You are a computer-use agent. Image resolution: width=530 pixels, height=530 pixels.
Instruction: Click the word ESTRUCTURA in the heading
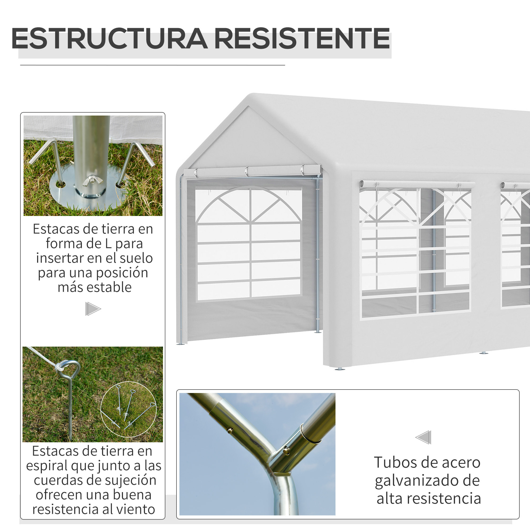pos(109,38)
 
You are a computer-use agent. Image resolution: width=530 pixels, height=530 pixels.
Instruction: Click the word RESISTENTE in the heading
pos(302,38)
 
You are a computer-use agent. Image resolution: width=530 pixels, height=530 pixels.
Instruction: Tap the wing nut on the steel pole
pos(93,180)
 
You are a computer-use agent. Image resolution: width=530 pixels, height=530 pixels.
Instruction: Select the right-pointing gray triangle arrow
pos(92,309)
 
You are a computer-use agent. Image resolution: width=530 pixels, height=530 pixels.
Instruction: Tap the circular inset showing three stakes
pos(128,409)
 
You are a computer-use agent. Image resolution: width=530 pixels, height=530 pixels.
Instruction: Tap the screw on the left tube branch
pos(230,431)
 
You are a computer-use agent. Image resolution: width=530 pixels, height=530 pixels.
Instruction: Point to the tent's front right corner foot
pos(340,368)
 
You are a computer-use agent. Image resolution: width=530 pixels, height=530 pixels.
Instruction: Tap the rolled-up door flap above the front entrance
pos(252,171)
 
